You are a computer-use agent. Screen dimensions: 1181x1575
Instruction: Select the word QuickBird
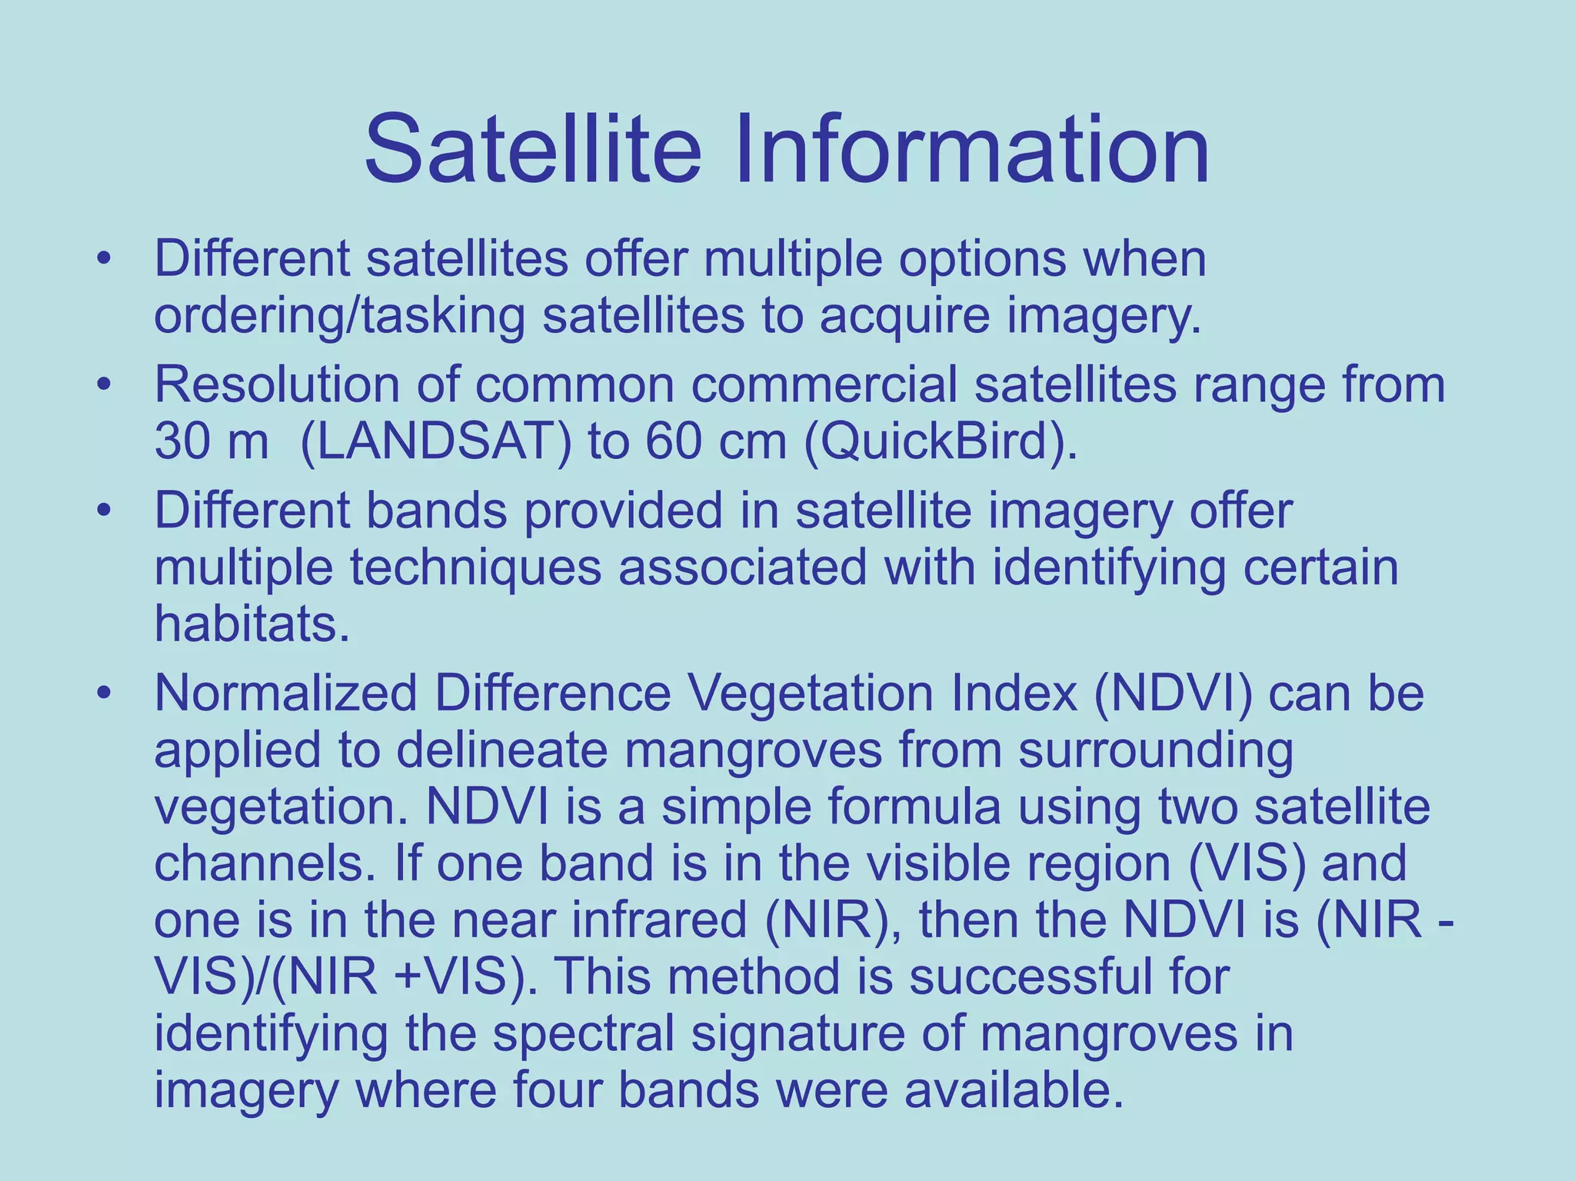934,441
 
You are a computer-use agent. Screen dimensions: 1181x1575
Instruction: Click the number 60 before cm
673,441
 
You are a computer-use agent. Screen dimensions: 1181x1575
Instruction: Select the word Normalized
285,693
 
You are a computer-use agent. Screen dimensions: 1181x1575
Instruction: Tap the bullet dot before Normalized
105,692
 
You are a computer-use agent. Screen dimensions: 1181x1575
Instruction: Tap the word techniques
475,567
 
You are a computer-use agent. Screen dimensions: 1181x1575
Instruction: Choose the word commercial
824,384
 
